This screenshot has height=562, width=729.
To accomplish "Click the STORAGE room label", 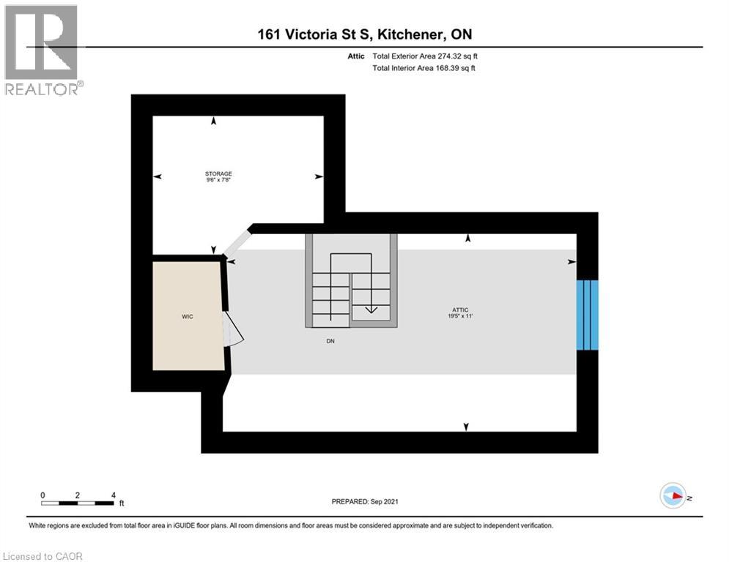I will pyautogui.click(x=218, y=173).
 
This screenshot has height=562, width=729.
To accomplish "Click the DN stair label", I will pyautogui.click(x=331, y=341).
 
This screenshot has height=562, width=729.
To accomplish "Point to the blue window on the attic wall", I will pyautogui.click(x=588, y=315).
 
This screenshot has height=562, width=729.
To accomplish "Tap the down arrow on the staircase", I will pyautogui.click(x=371, y=308).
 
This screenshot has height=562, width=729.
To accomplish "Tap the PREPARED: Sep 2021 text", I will pyautogui.click(x=365, y=501).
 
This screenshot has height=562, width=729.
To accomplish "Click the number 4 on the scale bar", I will pyautogui.click(x=113, y=495).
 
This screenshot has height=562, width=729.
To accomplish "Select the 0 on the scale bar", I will pyautogui.click(x=43, y=495).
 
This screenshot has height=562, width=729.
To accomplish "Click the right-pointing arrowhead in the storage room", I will pyautogui.click(x=319, y=176).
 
